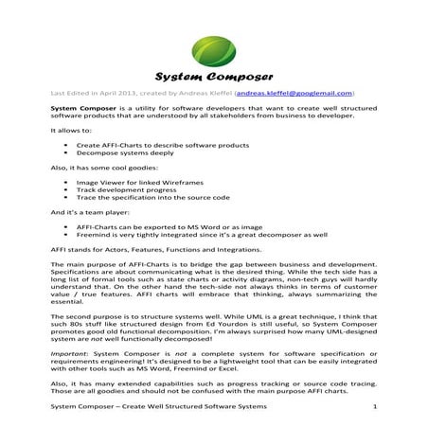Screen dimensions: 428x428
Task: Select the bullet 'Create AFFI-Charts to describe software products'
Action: tap(159, 145)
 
